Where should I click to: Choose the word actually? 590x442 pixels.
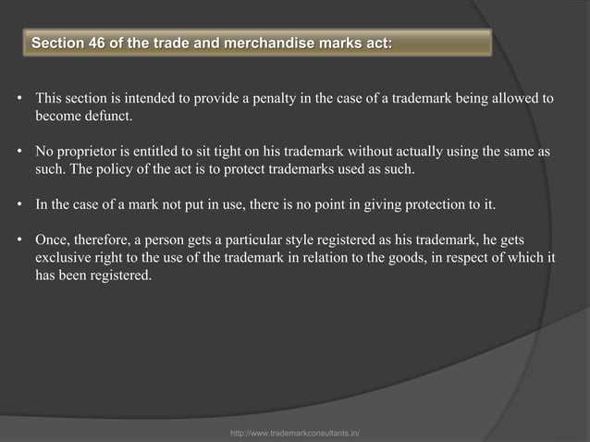tap(402, 151)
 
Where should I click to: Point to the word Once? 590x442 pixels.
tap(52, 239)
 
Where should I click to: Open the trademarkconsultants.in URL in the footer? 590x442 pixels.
tap(295, 432)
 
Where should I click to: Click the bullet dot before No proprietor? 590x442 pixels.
tap(20, 151)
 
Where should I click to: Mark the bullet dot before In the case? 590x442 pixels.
tap(20, 203)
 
